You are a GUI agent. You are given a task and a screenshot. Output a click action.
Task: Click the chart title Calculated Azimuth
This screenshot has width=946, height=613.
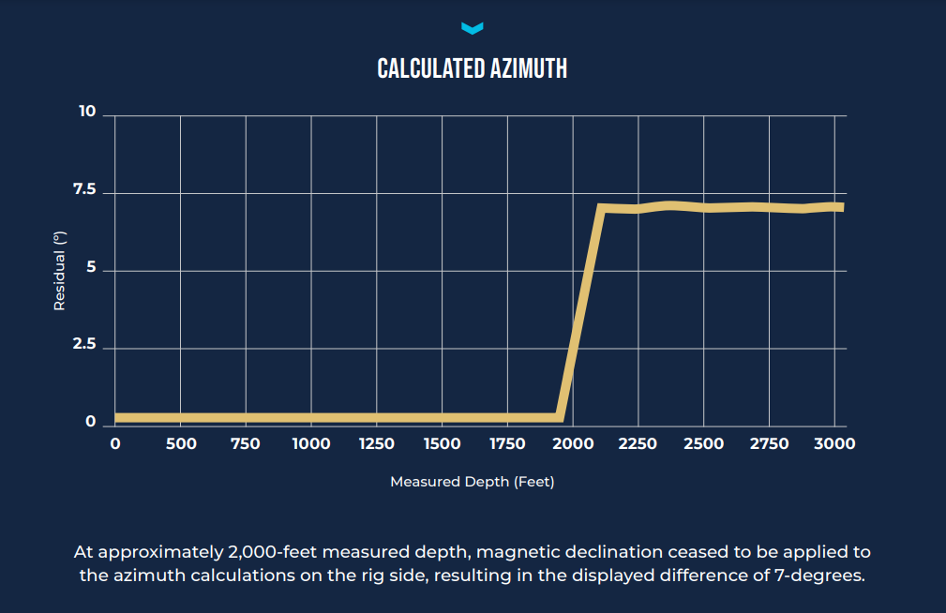[472, 68]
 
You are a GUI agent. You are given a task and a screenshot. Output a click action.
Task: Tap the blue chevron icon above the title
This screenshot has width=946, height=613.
[473, 28]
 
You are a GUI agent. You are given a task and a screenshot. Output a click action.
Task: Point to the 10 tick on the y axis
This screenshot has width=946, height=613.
[87, 112]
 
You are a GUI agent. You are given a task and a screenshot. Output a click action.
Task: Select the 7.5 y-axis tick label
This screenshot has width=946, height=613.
[84, 190]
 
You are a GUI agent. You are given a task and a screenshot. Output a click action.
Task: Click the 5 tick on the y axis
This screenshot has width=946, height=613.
[91, 270]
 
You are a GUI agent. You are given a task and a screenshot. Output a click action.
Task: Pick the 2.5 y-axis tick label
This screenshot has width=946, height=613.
[84, 346]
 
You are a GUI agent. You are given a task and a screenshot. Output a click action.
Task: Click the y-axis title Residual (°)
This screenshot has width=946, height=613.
[59, 270]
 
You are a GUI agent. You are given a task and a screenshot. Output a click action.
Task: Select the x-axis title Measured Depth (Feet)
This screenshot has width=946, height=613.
[473, 482]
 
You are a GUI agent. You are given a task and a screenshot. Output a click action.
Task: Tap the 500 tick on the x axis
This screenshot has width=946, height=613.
[181, 443]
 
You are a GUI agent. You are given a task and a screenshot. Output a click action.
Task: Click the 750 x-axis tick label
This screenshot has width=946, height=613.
[246, 443]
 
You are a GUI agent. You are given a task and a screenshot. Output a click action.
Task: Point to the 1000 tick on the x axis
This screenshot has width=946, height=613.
[311, 443]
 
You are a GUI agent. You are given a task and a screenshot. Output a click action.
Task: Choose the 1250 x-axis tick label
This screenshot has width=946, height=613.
[377, 443]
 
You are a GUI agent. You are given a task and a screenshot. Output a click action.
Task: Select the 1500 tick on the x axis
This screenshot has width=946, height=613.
[443, 443]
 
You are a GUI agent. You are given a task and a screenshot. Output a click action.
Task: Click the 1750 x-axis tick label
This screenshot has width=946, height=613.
[507, 443]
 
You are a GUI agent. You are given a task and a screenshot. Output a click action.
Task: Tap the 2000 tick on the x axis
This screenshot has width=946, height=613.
[573, 443]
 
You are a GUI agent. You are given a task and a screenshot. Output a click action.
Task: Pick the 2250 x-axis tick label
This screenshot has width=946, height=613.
[638, 443]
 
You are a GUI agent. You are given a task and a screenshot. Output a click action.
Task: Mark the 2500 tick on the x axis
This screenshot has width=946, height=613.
[703, 443]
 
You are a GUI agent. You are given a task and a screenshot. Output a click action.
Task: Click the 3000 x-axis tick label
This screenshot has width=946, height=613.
[833, 443]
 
